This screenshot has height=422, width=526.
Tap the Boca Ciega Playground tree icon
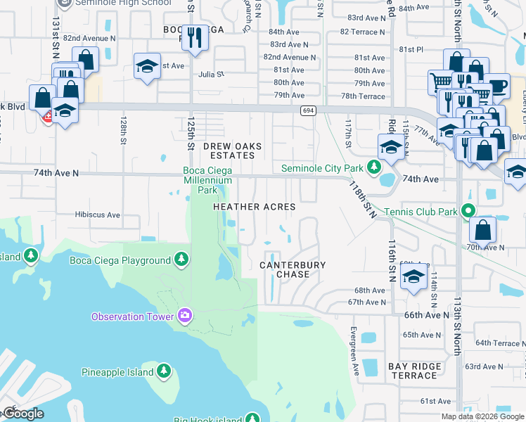pyautogui.click(x=182, y=260)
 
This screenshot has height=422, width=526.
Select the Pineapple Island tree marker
pyautogui.click(x=163, y=371)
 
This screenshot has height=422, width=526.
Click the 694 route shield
pyautogui.click(x=307, y=110)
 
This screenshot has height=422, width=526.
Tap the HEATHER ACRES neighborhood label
pyautogui.click(x=255, y=207)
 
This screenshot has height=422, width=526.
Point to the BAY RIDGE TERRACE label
pyautogui.click(x=415, y=371)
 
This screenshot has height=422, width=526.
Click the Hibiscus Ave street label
pyautogui.click(x=98, y=215)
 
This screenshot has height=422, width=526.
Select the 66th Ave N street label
pyautogui.click(x=426, y=315)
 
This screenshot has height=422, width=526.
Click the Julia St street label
pyautogui.click(x=210, y=73)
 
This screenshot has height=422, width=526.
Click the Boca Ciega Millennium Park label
pyautogui.click(x=207, y=179)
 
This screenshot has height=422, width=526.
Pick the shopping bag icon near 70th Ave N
pyautogui.click(x=483, y=229)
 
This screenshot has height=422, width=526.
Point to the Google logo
pyautogui.click(x=23, y=414)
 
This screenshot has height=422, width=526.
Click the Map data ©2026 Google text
pyautogui.click(x=482, y=416)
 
